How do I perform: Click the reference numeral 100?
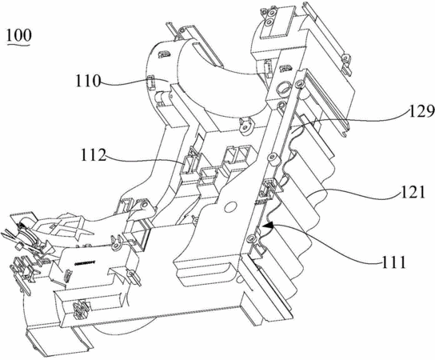[19, 35]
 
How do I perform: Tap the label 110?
[88, 81]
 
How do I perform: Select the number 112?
[94, 155]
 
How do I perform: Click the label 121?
[413, 192]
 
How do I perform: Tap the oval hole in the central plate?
[229, 206]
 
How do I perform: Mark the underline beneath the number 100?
[18, 44]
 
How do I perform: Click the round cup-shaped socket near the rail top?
[283, 89]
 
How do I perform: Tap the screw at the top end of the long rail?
[299, 83]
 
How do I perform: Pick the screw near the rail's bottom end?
[251, 238]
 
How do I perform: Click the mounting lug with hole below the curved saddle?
[246, 126]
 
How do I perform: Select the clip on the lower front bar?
[81, 308]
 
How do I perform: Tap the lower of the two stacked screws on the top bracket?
[269, 22]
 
